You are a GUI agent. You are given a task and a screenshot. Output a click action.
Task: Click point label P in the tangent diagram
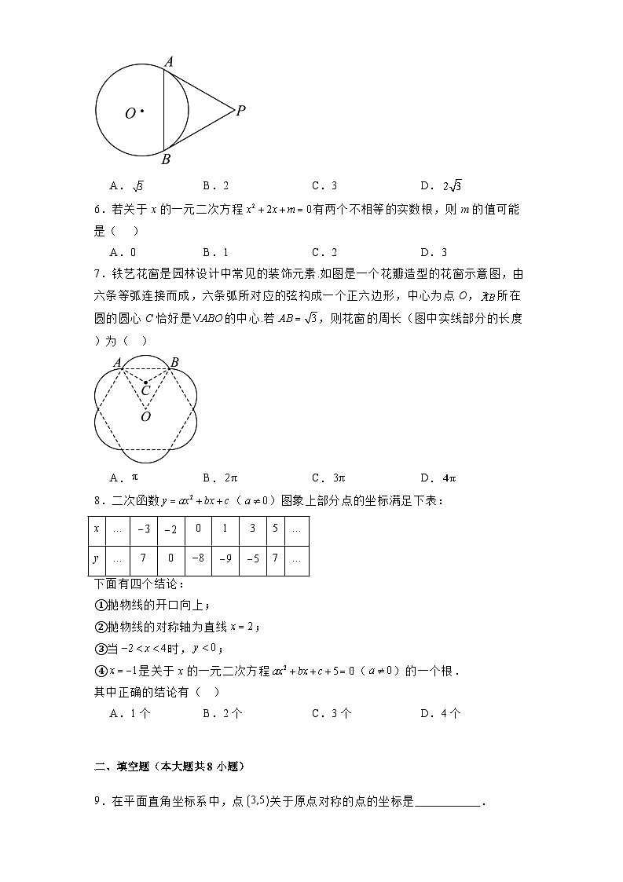click(241, 111)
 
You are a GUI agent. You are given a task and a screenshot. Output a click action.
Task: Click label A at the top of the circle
click(168, 60)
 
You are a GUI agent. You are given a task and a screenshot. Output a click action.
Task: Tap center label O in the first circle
click(130, 114)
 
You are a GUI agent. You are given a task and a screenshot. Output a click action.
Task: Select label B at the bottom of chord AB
click(166, 159)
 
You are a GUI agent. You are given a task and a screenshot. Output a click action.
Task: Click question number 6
click(97, 210)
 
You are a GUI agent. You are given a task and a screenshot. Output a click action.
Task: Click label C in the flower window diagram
click(145, 390)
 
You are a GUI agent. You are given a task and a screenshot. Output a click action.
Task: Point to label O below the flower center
click(145, 417)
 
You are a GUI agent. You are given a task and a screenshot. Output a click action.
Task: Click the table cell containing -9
click(225, 560)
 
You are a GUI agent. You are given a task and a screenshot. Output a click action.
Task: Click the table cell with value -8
click(198, 560)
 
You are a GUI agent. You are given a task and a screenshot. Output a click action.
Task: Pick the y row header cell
click(97, 560)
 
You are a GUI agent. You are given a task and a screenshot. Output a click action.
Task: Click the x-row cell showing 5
click(276, 530)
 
